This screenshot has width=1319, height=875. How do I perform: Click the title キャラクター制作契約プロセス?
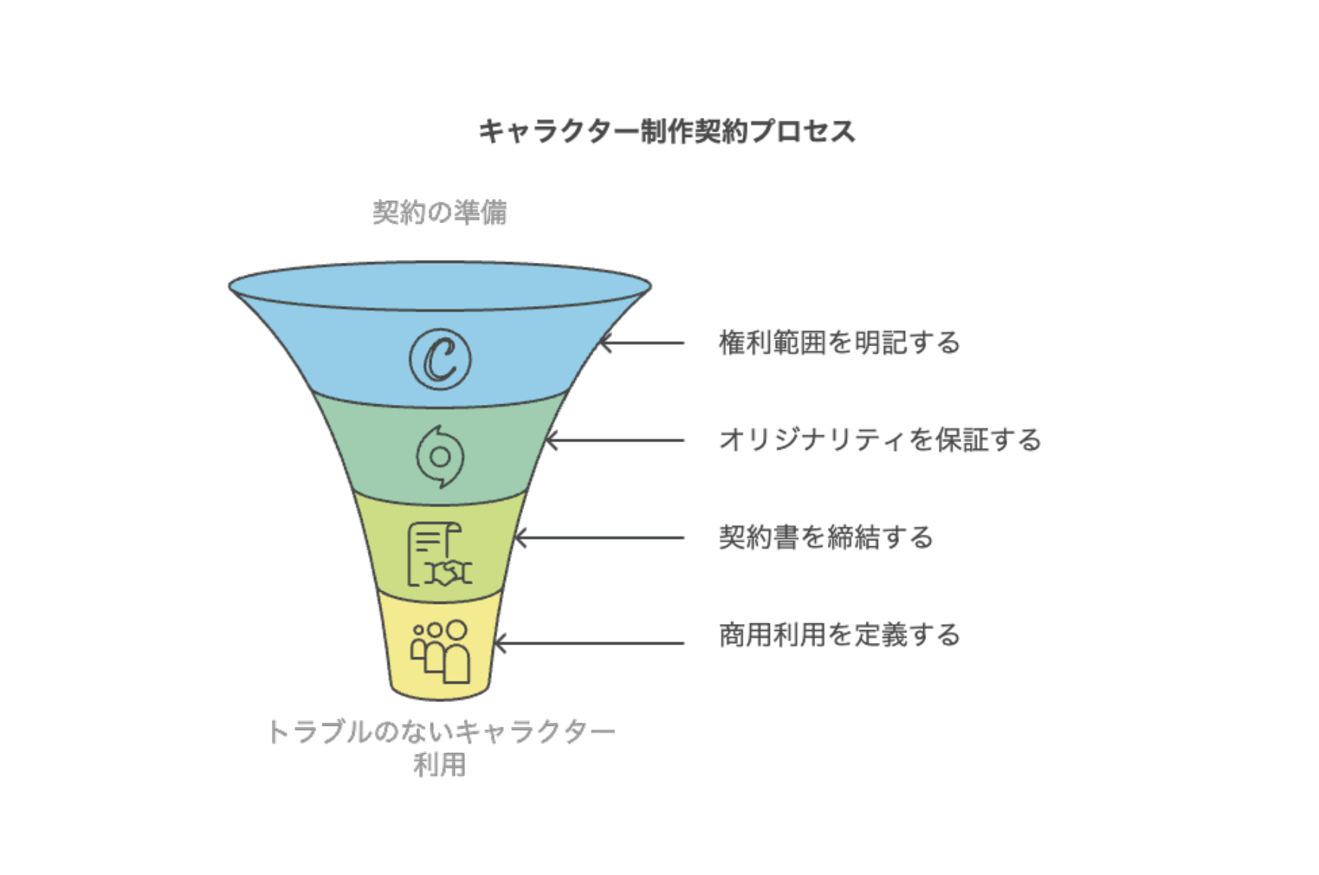(x=667, y=131)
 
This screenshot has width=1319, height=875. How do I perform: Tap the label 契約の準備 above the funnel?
(x=440, y=212)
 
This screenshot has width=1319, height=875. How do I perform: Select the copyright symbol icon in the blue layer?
(x=440, y=360)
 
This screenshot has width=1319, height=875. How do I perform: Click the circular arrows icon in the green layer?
(x=440, y=456)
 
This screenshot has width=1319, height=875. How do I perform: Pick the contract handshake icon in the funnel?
(x=440, y=555)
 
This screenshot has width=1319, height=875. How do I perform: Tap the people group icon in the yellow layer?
(x=440, y=651)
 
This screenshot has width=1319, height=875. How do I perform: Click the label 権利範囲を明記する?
(x=839, y=343)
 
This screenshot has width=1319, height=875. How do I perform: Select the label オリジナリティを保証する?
(x=880, y=440)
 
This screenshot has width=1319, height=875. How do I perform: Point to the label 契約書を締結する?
(x=826, y=537)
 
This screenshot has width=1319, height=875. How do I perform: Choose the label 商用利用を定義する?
(x=839, y=635)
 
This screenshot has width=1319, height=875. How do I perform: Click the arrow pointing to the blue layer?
(x=641, y=343)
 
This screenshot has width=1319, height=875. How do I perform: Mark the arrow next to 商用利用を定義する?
(x=588, y=644)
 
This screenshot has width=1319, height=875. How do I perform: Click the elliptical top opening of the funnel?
(x=440, y=286)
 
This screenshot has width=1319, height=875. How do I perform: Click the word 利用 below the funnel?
(x=440, y=765)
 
